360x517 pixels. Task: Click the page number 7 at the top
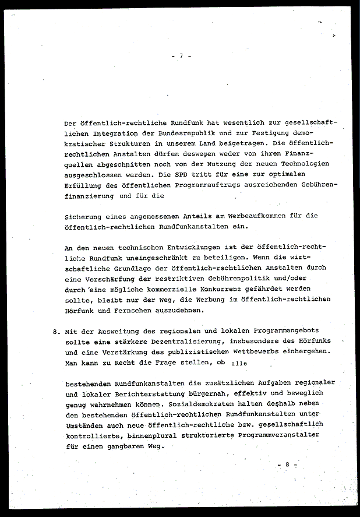(x=181, y=56)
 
